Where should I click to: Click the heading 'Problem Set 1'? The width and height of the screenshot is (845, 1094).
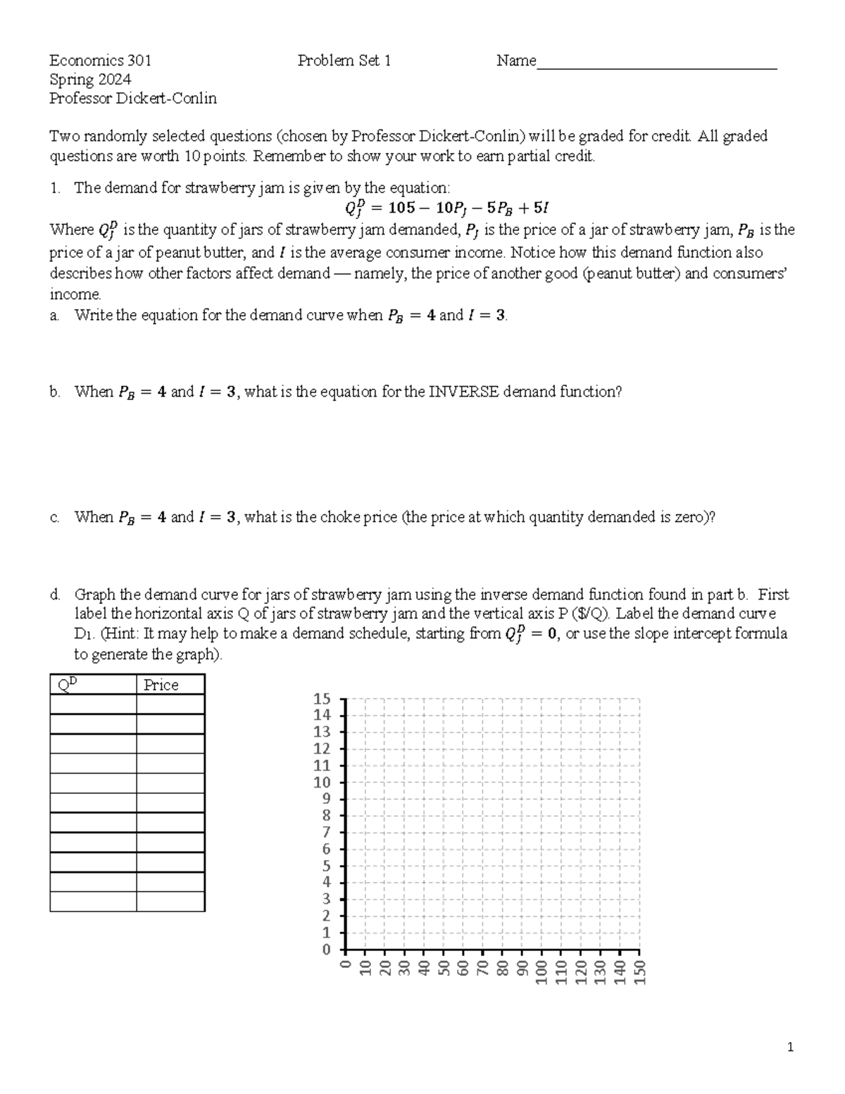click(x=344, y=61)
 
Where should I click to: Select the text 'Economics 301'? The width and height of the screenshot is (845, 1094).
click(x=100, y=61)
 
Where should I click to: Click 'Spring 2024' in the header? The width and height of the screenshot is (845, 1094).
click(x=90, y=80)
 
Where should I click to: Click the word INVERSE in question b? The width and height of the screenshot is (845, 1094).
click(x=461, y=392)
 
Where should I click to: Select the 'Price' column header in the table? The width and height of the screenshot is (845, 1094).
click(x=161, y=685)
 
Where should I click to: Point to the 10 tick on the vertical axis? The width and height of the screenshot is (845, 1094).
click(x=322, y=783)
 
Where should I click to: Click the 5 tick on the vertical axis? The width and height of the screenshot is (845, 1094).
click(x=325, y=866)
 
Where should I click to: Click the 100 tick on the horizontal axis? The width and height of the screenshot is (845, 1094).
click(x=542, y=972)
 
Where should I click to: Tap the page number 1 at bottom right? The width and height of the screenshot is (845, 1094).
click(x=790, y=1048)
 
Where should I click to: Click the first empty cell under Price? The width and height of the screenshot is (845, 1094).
click(x=170, y=704)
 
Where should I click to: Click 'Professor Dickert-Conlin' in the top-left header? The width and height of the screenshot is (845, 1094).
click(x=133, y=99)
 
